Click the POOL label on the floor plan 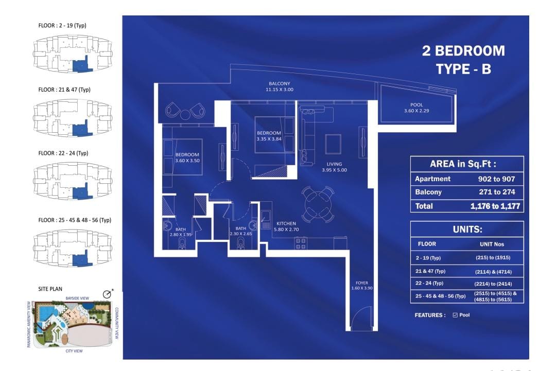(x=416, y=105)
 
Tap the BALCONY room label (x=280, y=84)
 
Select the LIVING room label (x=335, y=164)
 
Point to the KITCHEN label (x=286, y=224)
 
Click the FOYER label (x=362, y=283)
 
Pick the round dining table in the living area (x=318, y=205)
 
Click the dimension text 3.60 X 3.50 (x=187, y=161)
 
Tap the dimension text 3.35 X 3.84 (x=269, y=139)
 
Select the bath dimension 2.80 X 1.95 (x=181, y=235)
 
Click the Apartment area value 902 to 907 (x=496, y=179)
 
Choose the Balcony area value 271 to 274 (x=497, y=192)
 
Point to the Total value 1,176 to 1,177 (x=495, y=206)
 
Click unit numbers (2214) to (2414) (x=493, y=284)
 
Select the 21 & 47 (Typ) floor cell (x=430, y=271)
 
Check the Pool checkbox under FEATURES (x=455, y=315)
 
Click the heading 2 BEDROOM (x=463, y=51)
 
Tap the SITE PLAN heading (x=50, y=289)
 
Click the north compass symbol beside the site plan (x=108, y=294)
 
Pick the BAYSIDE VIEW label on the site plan (x=77, y=298)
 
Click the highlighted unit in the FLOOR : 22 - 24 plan (x=81, y=192)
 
